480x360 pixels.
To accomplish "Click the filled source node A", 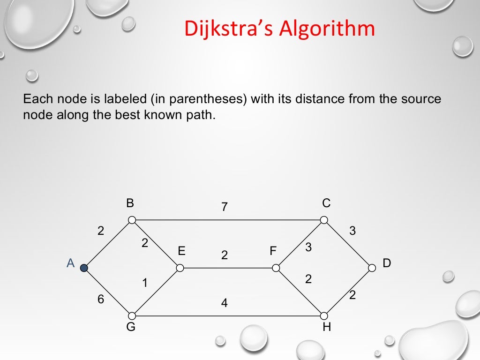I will [84, 268].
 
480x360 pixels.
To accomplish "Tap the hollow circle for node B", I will [132, 220].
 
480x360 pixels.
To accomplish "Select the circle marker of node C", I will [324, 220].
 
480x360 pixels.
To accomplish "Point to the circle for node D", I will [372, 268].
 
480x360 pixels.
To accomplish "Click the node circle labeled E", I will [180, 268].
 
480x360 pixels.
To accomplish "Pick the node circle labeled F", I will [276, 268].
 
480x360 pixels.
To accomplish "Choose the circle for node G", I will [132, 316].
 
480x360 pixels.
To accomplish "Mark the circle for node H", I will [324, 316].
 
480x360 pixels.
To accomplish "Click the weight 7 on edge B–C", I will [225, 207].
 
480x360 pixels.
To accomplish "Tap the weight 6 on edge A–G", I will [101, 300].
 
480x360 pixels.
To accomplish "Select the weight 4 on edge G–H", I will [225, 303].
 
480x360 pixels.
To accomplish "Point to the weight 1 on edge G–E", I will [145, 283].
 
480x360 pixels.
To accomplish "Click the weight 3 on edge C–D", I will [352, 231].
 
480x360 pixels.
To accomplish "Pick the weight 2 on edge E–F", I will [225, 255].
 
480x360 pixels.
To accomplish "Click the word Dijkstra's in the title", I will [228, 29].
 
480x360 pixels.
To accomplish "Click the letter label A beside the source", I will [71, 263].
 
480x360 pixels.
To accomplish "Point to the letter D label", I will [387, 263].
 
